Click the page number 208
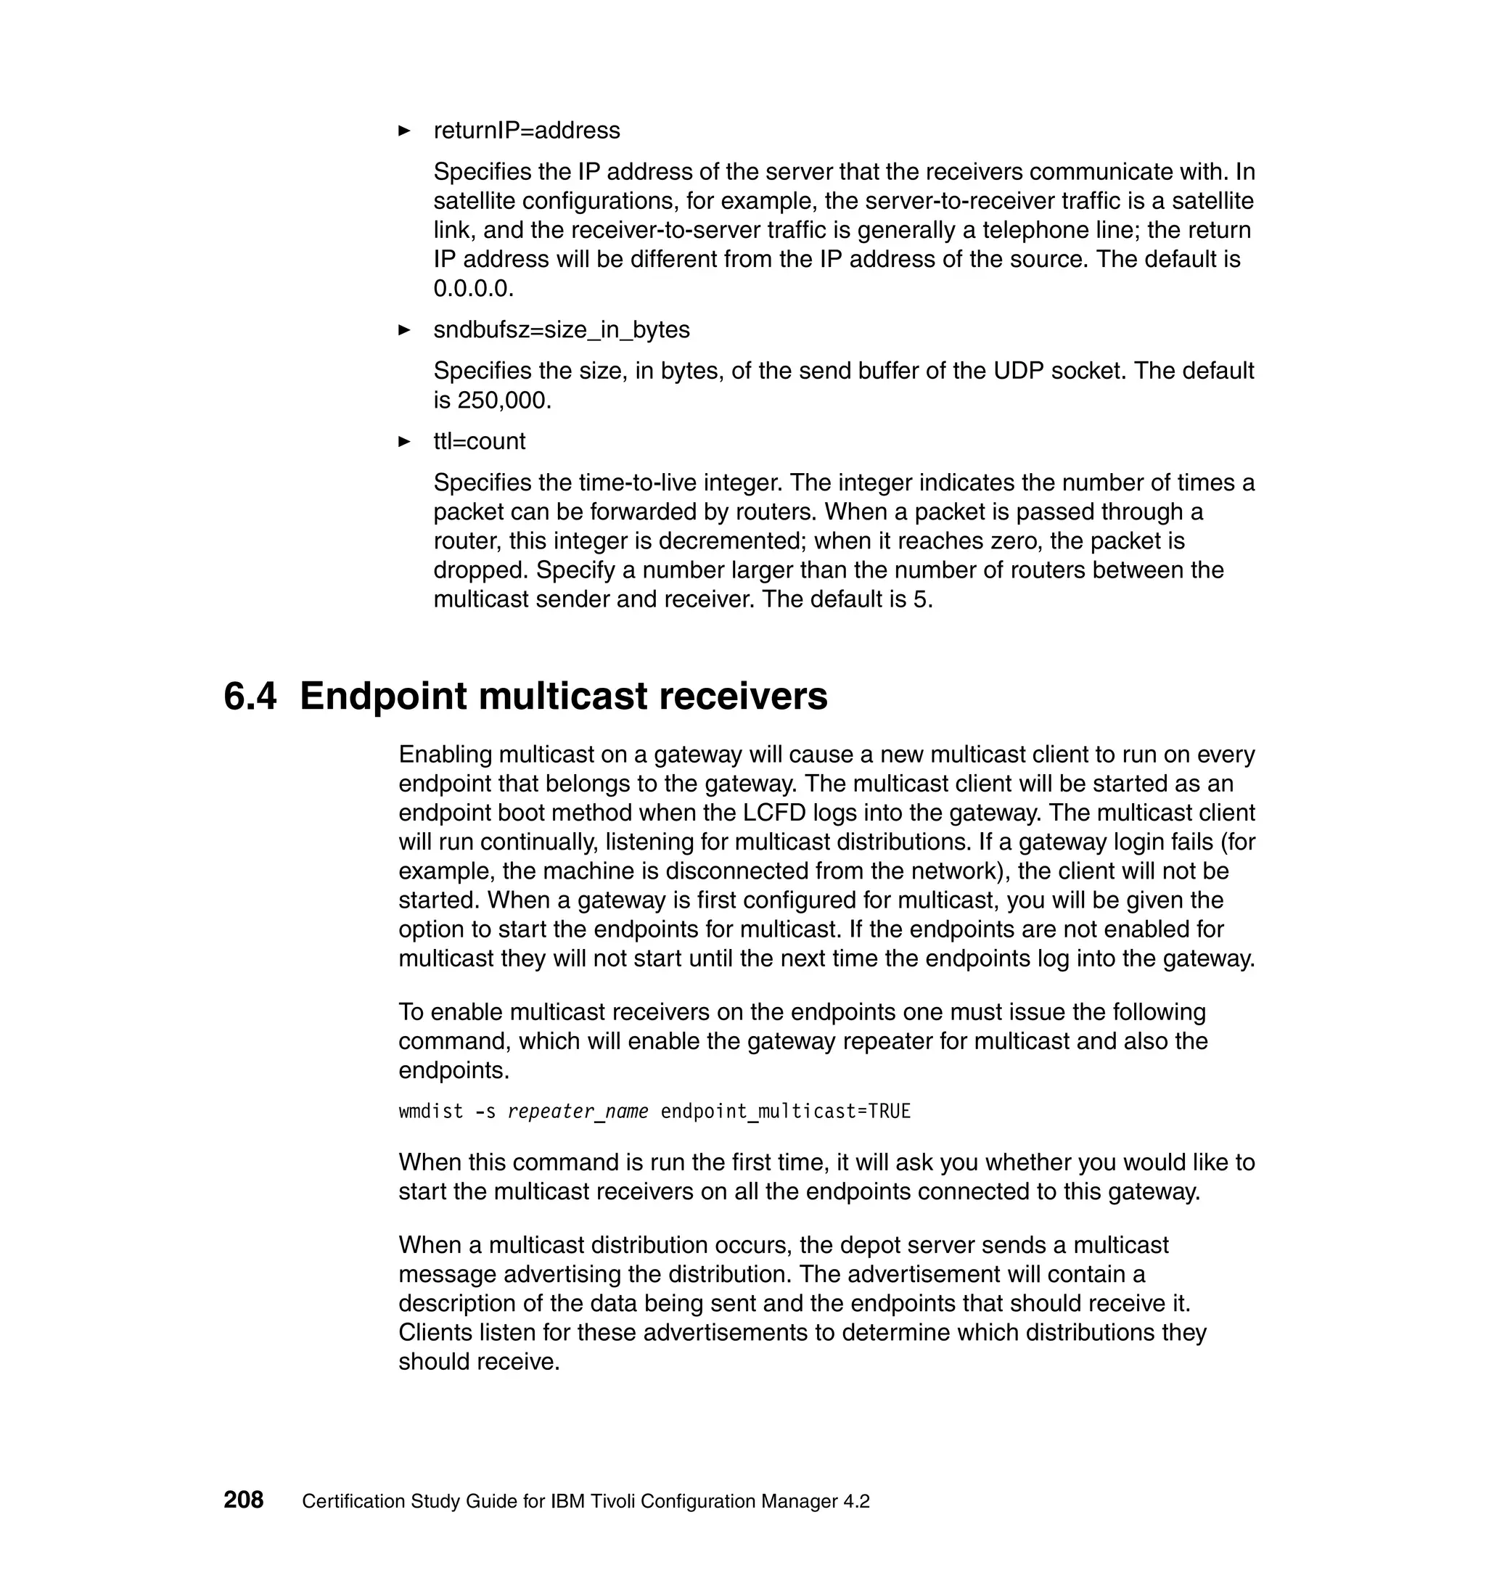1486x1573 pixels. click(243, 1499)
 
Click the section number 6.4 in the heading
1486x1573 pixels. click(250, 697)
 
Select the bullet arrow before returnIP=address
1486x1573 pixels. click(404, 131)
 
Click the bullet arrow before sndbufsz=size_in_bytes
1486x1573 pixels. click(404, 329)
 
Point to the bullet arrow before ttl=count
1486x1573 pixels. click(404, 441)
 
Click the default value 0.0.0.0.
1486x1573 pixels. click(473, 288)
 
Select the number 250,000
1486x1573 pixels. click(503, 400)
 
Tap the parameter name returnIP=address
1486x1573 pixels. click(527, 131)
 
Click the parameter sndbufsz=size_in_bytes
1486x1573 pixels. click(562, 329)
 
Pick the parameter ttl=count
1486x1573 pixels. click(479, 441)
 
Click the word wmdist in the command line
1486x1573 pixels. click(430, 1112)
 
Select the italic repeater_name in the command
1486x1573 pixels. click(578, 1112)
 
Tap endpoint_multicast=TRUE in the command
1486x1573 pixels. click(785, 1112)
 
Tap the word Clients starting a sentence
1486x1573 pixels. click(438, 1332)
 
